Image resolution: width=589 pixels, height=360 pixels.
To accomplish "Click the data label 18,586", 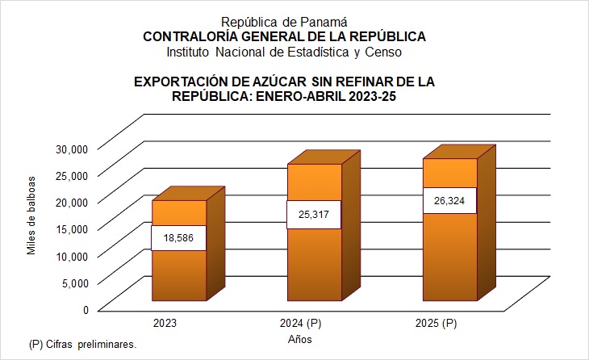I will (178, 238).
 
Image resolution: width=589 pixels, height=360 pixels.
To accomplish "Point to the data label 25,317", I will (314, 214).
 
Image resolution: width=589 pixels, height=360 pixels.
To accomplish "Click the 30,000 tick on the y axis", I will (70, 148).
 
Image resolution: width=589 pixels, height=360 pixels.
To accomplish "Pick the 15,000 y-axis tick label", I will (70, 228).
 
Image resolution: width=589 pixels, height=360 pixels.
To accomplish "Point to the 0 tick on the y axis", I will (84, 309).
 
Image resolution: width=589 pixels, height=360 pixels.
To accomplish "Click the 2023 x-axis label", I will (165, 324).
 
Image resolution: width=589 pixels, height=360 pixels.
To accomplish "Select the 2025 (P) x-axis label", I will (437, 324).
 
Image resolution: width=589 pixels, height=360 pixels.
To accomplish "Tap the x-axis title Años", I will (300, 340).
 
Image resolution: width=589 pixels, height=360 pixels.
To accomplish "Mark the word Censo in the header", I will (384, 52).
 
